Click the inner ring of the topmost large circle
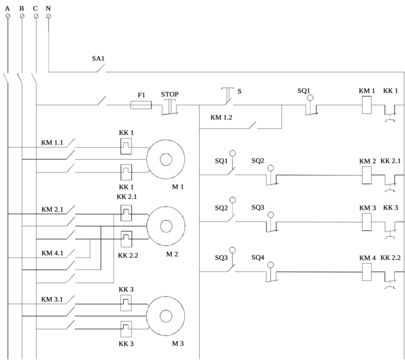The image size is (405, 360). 166,159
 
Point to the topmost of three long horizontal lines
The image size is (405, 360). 320,175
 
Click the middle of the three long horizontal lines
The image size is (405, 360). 320,222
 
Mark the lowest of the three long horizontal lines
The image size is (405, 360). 320,271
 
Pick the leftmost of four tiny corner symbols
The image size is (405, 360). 8,12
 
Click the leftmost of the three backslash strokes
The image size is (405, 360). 6,78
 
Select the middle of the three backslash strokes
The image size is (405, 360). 20,78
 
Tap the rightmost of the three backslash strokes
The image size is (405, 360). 34,78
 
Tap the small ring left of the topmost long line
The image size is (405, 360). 270,169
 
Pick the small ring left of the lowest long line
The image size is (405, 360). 270,264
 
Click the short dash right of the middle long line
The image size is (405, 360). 398,221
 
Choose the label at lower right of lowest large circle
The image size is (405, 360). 178,344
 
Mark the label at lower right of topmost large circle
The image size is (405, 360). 178,187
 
